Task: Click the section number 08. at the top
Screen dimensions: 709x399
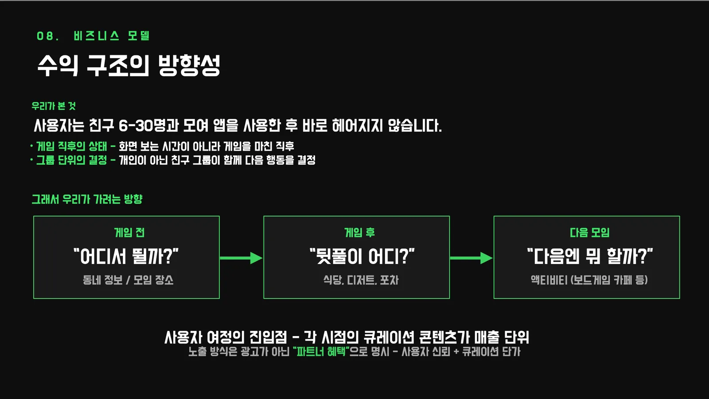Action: click(x=47, y=36)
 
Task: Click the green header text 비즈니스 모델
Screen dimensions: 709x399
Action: click(x=112, y=36)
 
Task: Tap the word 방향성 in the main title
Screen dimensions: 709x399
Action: click(x=189, y=65)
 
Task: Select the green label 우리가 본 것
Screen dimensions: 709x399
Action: click(x=54, y=106)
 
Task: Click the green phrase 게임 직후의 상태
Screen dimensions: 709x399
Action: click(x=71, y=146)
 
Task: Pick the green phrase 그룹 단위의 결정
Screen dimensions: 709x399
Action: click(x=71, y=160)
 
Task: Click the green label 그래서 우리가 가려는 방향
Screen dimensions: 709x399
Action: click(x=87, y=199)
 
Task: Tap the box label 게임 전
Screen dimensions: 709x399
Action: click(x=129, y=232)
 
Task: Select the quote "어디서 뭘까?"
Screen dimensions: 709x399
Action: click(x=126, y=256)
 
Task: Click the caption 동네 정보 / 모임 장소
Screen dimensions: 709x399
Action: click(x=128, y=280)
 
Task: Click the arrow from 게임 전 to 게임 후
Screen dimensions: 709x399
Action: click(x=241, y=258)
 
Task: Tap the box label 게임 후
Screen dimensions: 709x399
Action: click(x=359, y=232)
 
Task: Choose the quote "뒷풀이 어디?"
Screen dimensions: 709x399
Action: click(x=362, y=256)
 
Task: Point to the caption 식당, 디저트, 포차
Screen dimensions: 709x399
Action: click(x=361, y=280)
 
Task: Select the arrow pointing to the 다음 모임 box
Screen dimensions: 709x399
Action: click(x=471, y=258)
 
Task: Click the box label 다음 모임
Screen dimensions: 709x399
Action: click(x=590, y=232)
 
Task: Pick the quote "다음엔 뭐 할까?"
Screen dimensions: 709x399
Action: click(x=590, y=256)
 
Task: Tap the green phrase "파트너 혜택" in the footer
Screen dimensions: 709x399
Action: click(x=321, y=352)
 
